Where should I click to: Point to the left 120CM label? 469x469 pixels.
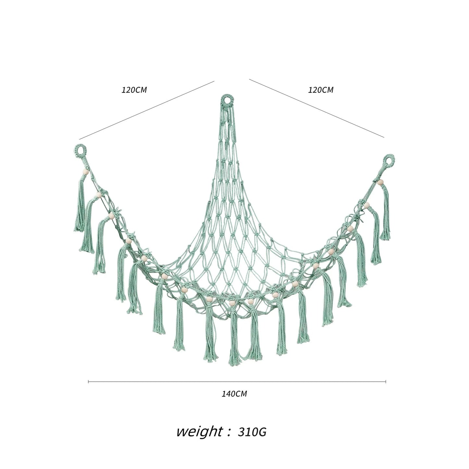click(x=134, y=90)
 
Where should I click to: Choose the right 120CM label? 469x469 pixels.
click(x=321, y=90)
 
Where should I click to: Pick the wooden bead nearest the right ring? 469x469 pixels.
click(x=380, y=182)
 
